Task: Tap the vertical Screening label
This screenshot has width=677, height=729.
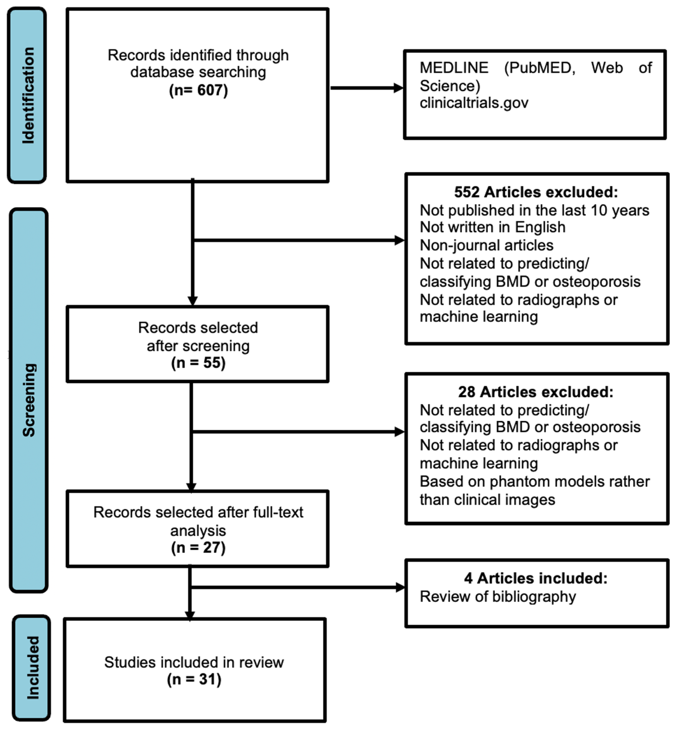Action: click(x=29, y=400)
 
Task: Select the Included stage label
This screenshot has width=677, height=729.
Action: click(x=32, y=667)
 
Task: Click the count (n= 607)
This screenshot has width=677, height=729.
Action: click(x=198, y=90)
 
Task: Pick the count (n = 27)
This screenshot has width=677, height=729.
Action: click(x=198, y=548)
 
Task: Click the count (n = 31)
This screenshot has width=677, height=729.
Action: click(x=194, y=679)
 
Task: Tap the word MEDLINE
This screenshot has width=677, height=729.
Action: click(x=453, y=68)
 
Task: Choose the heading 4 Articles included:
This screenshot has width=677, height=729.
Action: click(x=536, y=578)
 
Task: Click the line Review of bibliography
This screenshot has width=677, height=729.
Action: click(x=497, y=596)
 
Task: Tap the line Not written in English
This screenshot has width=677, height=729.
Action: click(x=492, y=227)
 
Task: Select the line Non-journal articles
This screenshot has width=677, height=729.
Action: click(x=486, y=245)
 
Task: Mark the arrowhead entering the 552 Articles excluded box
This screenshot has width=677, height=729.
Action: click(x=399, y=240)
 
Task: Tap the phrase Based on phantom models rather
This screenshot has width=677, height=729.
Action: click(x=534, y=481)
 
